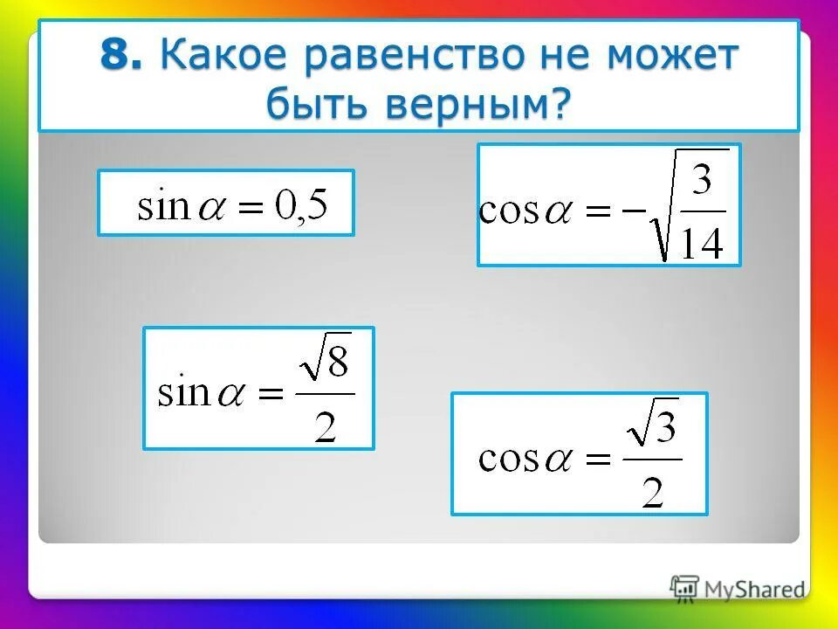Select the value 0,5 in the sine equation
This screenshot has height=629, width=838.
click(x=301, y=206)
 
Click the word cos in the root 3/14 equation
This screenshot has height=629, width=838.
click(x=508, y=212)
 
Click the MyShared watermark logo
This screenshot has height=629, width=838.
click(x=738, y=589)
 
